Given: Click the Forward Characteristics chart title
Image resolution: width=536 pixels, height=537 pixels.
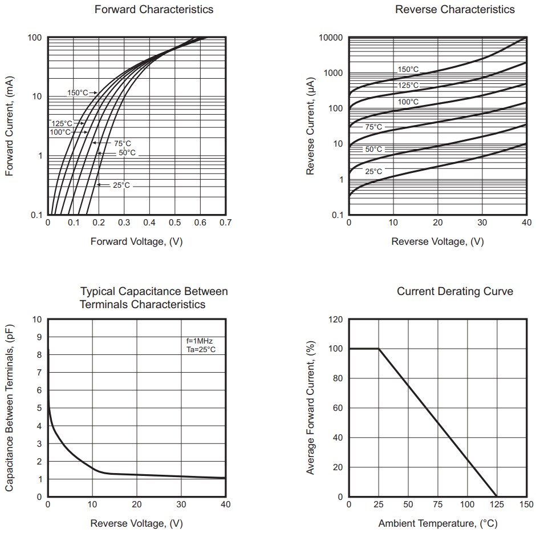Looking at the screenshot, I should (x=146, y=9).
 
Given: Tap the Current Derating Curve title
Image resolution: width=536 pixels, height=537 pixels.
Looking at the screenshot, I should (x=454, y=292).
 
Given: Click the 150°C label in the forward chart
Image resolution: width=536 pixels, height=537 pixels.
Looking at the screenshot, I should (x=78, y=93).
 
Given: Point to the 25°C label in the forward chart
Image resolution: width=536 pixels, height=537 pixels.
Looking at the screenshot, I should (x=121, y=185).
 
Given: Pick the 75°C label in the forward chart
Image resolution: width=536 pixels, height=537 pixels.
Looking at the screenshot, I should (x=122, y=144).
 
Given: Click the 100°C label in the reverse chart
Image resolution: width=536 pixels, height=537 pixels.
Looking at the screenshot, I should (x=408, y=102).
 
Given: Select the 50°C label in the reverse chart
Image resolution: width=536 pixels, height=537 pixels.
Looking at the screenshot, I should (x=373, y=149).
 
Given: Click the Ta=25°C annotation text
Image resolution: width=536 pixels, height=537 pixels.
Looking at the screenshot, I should (x=201, y=349).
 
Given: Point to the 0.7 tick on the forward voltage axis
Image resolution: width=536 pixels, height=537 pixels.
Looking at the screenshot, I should (x=225, y=223).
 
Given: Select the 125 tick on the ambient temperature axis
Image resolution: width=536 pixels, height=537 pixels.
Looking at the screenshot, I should (x=497, y=504).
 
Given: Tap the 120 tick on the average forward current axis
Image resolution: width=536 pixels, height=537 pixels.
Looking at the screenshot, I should (x=335, y=320).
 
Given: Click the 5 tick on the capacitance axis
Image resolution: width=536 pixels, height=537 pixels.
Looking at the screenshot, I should (x=39, y=408).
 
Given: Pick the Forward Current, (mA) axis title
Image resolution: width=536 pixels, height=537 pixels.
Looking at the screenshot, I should (x=10, y=126).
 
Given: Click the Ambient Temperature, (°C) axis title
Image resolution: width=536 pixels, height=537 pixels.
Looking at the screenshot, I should (x=437, y=523).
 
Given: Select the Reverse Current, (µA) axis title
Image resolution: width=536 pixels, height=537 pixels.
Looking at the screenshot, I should (x=311, y=126).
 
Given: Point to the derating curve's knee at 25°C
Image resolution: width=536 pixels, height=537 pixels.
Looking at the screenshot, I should (x=379, y=349).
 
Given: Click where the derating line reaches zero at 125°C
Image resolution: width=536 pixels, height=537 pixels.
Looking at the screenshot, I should (x=497, y=496).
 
